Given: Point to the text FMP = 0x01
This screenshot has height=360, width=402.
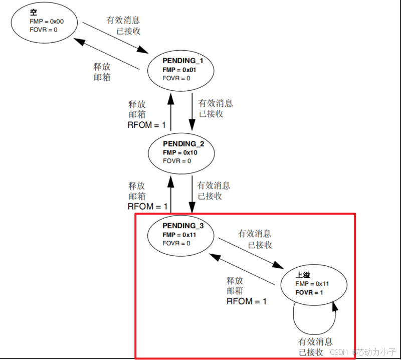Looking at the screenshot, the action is coord(179,69).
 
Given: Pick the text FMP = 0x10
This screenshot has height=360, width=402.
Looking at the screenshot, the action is coord(179,152).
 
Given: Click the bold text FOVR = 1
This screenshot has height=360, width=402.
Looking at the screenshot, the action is coord(309,292).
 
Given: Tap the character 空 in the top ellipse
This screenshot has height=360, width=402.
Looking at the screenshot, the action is coord(34,12).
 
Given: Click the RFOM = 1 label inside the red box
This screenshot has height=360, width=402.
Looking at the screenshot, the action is coord(247,301).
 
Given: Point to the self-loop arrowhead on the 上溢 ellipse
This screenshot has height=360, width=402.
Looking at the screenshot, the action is coord(334,306).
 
